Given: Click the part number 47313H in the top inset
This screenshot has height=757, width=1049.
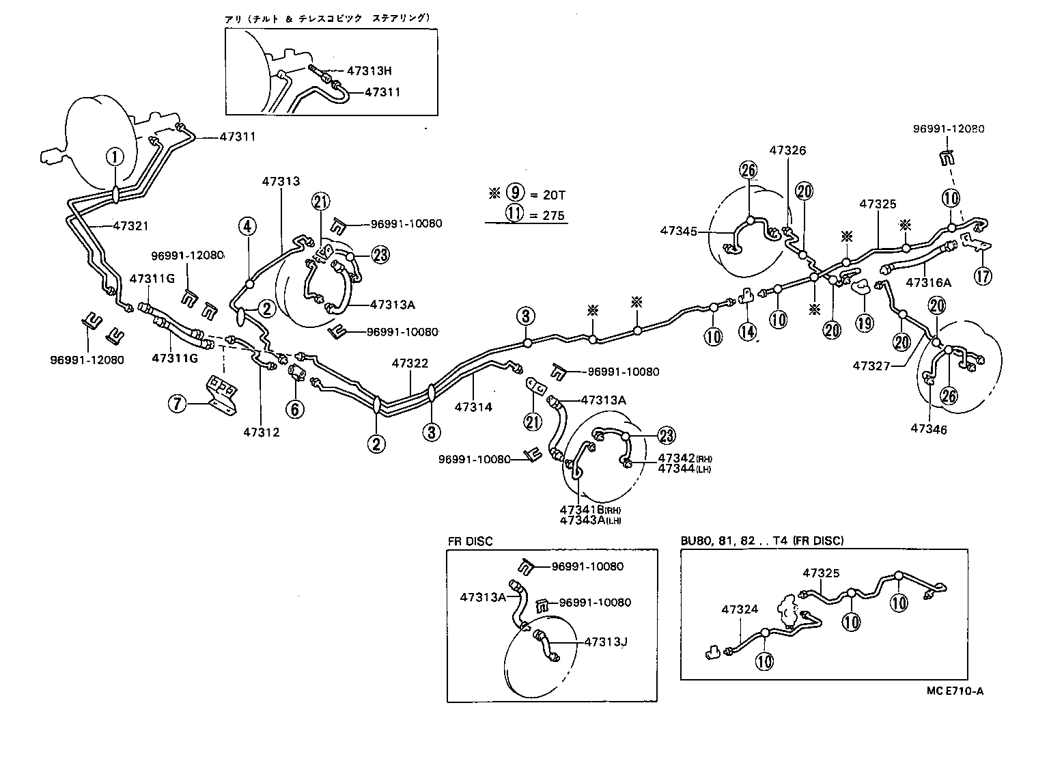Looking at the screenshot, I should coord(369,70).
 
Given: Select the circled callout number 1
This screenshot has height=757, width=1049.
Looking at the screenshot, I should coord(115,156).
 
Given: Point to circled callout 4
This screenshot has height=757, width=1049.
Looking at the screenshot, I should coord(248,225).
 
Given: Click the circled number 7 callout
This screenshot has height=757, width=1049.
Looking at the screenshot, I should coord(178,404).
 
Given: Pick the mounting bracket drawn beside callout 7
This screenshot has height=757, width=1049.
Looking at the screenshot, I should coord(221,394).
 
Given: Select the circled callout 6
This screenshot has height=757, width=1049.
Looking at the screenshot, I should coord(294,409).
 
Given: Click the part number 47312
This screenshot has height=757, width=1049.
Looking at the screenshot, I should coord(262,432).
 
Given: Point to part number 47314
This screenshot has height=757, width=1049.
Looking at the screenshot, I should coord(473,407).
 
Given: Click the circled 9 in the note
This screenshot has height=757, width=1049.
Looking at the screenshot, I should coord(515,194).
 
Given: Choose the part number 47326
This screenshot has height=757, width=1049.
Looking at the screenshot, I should coord(787,150).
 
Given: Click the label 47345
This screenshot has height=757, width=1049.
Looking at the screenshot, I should coord(679,231).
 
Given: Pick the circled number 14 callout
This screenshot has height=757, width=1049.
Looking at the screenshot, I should coord(748,333).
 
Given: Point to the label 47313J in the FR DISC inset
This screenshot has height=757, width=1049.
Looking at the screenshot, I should coord(606,642).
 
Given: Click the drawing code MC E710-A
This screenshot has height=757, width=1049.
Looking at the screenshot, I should coord(955,691).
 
